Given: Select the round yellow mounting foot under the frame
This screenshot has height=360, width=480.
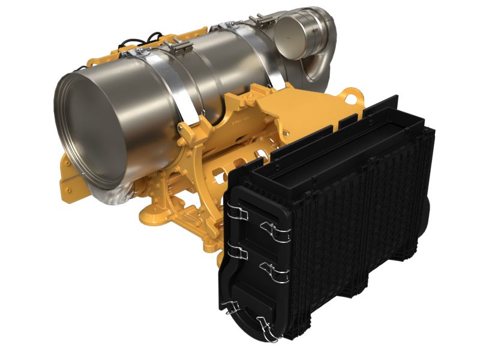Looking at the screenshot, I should tap(149, 212).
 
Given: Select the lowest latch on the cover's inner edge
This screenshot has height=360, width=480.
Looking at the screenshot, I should tap(232, 307).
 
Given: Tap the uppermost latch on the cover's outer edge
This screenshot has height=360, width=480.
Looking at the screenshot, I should tap(275, 230).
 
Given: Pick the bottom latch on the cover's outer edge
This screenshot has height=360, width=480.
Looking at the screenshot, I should tap(268, 325).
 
